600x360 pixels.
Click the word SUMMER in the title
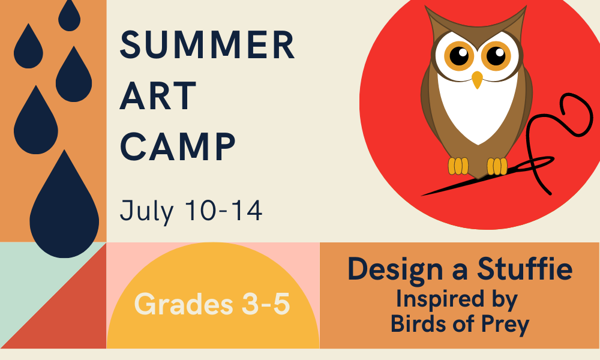pos(208,45)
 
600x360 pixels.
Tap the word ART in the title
pos(158,95)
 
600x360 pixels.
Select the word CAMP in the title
pos(178,146)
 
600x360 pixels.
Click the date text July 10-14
pos(191,211)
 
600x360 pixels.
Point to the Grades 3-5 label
pos(212,304)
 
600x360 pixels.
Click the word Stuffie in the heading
pos(524,269)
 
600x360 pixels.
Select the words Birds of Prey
pos(460,325)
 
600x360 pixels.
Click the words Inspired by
pos(457,299)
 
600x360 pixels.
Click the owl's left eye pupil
pos(459,56)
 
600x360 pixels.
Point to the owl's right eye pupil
pos(496,56)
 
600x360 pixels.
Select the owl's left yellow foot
pos(458,166)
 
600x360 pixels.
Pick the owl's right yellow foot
pos(497,166)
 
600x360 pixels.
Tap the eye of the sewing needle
pos(539,163)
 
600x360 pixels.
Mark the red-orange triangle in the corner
pos(71,314)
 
